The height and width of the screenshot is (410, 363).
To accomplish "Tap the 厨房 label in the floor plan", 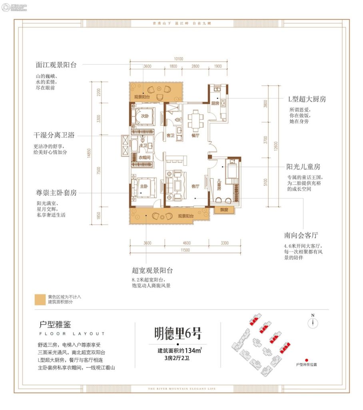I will pyautogui.click(x=215, y=103).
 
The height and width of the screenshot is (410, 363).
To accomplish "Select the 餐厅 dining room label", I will pyautogui.click(x=195, y=135).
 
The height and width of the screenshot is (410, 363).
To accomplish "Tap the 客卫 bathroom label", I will pyautogui.click(x=171, y=135).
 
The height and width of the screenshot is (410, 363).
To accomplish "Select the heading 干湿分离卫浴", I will pyautogui.click(x=55, y=135).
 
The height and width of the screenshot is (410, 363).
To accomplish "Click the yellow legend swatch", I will pyautogui.click(x=40, y=299).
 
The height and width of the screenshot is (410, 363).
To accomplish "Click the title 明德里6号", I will pyautogui.click(x=178, y=332).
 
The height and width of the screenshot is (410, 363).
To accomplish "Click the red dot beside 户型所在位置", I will pyautogui.click(x=306, y=360).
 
